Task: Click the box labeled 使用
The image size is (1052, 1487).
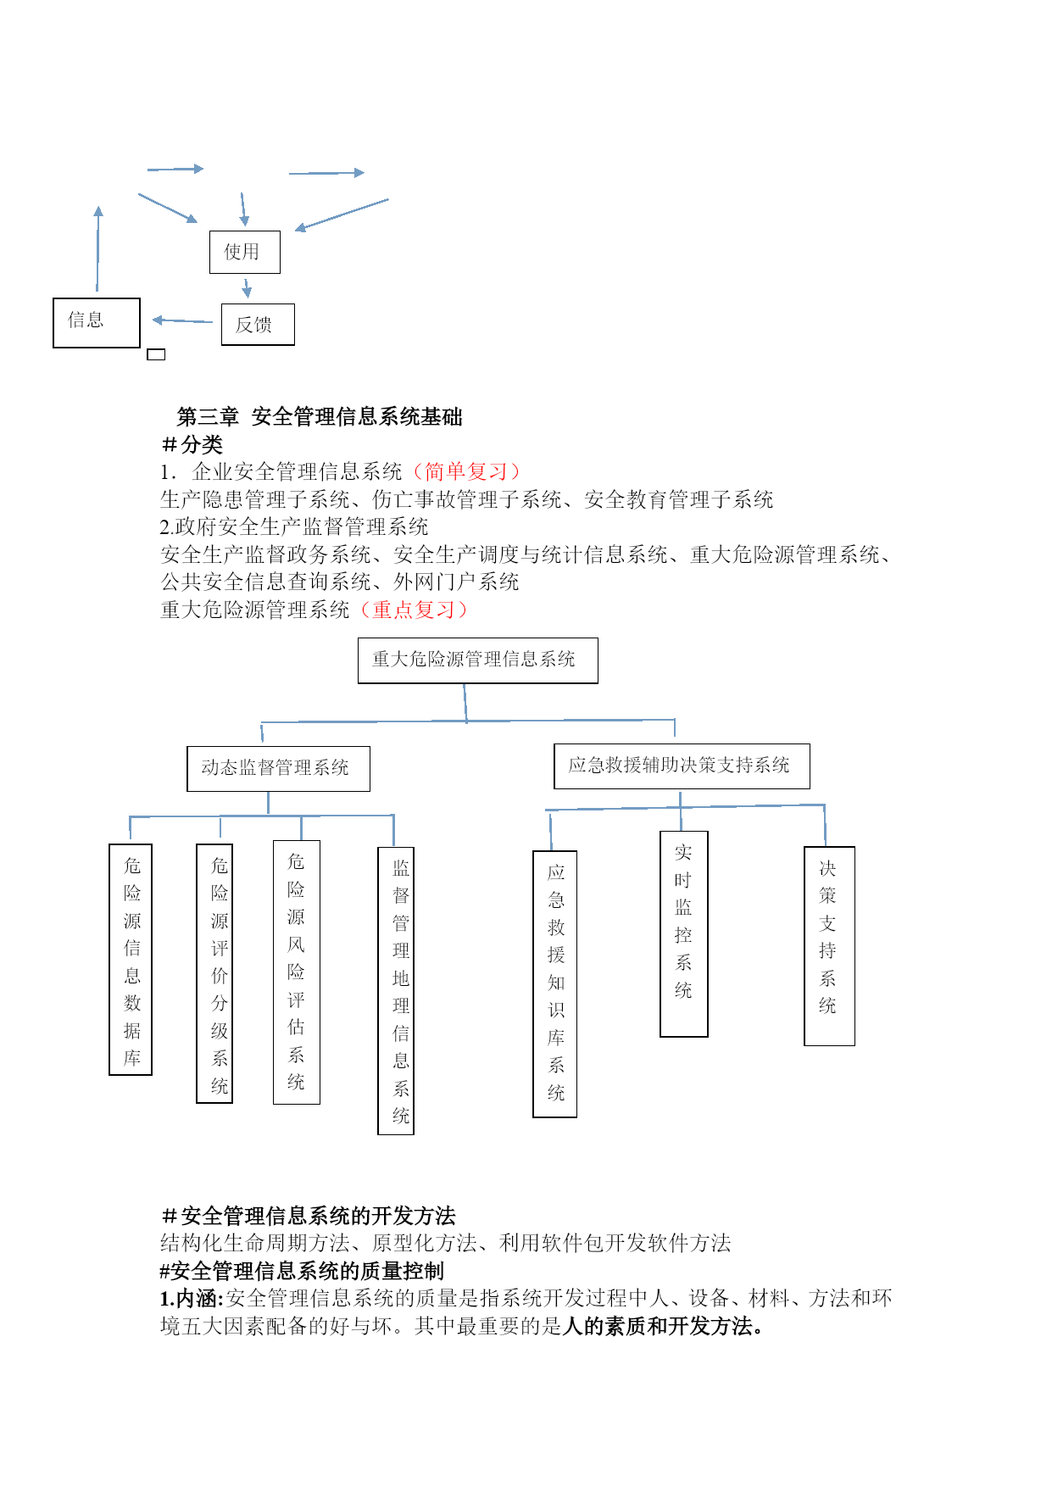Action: click(245, 252)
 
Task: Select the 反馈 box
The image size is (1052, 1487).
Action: click(258, 325)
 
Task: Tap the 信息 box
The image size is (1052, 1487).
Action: click(97, 323)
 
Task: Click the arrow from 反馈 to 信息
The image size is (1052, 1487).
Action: click(182, 320)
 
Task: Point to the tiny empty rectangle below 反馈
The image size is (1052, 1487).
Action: click(156, 354)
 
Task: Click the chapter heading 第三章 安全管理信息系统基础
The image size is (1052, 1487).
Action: click(320, 416)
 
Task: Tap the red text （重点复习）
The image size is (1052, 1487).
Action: click(413, 610)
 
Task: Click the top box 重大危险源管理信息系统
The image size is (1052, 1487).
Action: click(478, 660)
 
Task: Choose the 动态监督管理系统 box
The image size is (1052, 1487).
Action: click(278, 769)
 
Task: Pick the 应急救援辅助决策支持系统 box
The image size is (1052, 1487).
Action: click(682, 766)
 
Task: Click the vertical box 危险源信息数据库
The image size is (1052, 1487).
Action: click(131, 960)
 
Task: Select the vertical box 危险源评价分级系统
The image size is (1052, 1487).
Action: click(214, 973)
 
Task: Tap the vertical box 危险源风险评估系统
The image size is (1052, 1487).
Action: click(297, 972)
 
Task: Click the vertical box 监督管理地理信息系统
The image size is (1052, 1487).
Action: click(396, 990)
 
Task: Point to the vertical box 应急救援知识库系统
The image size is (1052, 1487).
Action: click(555, 984)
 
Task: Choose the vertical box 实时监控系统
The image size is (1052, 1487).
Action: click(684, 933)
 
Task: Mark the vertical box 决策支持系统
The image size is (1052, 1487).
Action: click(830, 946)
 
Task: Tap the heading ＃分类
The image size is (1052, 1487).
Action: click(192, 444)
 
